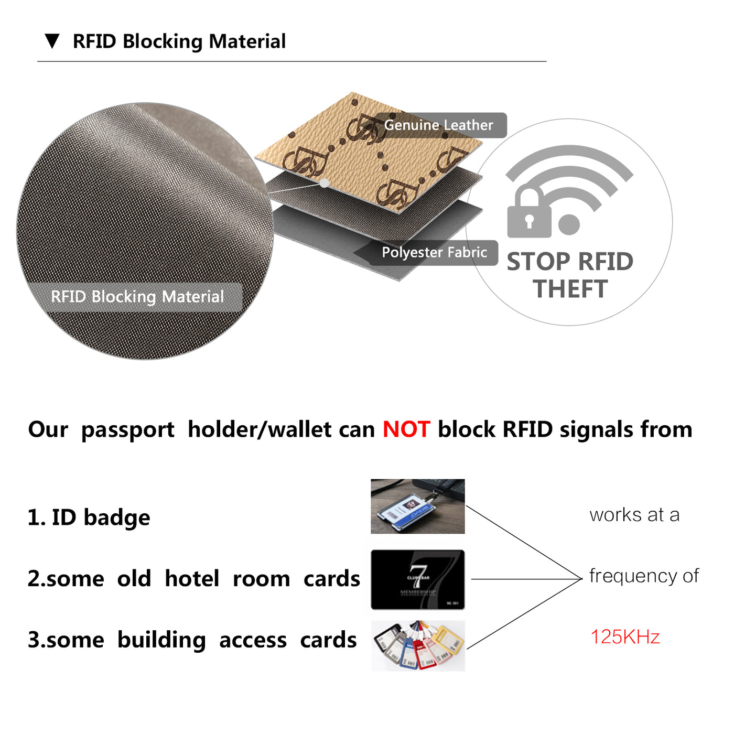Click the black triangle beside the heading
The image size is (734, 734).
pyautogui.click(x=52, y=41)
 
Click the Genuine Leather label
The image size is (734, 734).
pyautogui.click(x=439, y=125)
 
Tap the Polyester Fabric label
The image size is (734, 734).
pyautogui.click(x=434, y=253)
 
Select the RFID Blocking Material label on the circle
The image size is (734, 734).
pyautogui.click(x=137, y=297)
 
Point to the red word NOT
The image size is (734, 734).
pyautogui.click(x=406, y=429)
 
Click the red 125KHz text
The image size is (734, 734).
pyautogui.click(x=625, y=637)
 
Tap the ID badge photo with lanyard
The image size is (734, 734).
pyautogui.click(x=417, y=506)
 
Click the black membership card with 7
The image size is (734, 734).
pyautogui.click(x=417, y=579)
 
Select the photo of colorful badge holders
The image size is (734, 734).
pyautogui.click(x=418, y=646)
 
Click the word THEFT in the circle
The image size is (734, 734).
pyautogui.click(x=570, y=289)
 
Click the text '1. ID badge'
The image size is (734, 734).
pyautogui.click(x=89, y=517)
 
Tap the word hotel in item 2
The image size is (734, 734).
pyautogui.click(x=192, y=579)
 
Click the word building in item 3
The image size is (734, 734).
pyautogui.click(x=161, y=640)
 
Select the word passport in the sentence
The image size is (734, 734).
pyautogui.click(x=127, y=429)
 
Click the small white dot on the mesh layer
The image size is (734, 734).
pyautogui.click(x=325, y=183)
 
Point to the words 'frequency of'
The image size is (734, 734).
pyautogui.click(x=644, y=576)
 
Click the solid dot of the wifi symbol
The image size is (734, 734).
pyautogui.click(x=569, y=224)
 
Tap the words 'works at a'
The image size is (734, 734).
pyautogui.click(x=634, y=515)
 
